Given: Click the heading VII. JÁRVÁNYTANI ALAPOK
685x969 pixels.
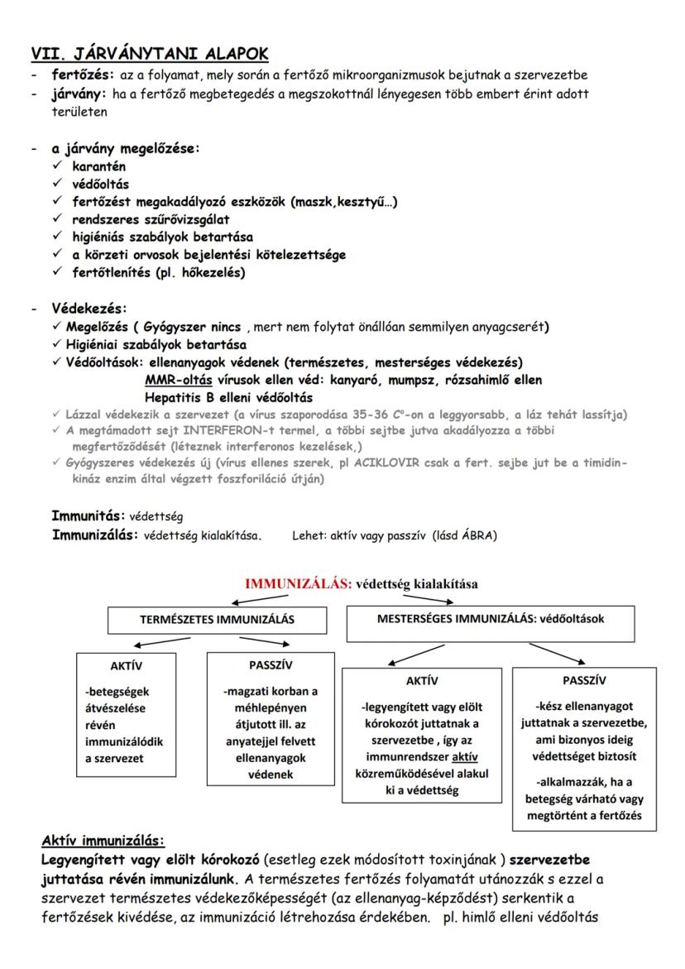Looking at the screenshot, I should [149, 54].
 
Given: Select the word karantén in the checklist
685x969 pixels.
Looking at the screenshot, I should [98, 167].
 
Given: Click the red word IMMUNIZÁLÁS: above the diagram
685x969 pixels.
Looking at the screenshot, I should [299, 583].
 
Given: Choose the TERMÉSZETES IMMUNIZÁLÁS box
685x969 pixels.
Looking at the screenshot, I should [204, 618].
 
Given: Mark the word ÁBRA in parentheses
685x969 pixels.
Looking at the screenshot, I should [476, 535].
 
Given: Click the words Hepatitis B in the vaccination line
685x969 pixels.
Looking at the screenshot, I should [180, 397].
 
